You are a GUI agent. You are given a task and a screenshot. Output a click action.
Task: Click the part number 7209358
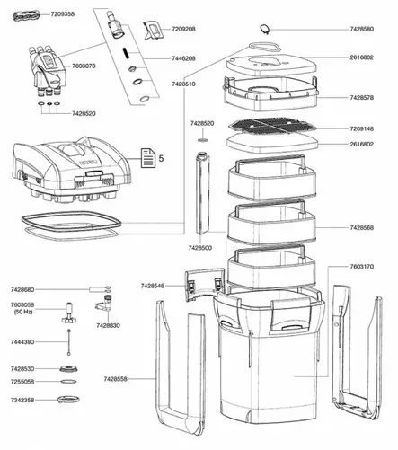point(63,14)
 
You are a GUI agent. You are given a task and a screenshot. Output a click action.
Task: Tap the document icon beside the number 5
point(148,158)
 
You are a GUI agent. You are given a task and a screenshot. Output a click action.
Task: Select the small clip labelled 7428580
point(265,29)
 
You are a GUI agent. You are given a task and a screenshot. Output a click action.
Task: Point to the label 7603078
point(84,66)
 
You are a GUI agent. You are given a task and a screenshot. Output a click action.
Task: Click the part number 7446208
point(183,58)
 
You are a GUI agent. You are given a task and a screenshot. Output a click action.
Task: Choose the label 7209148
point(362,128)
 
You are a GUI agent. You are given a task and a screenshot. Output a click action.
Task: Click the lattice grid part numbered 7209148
point(272,126)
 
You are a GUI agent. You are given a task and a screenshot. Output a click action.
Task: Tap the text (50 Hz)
point(23,312)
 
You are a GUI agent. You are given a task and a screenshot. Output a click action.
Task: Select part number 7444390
point(22,341)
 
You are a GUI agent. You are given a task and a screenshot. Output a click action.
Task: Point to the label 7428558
point(116,379)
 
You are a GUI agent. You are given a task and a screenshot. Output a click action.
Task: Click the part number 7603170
point(362,267)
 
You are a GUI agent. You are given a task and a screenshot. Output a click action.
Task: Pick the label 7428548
point(153,286)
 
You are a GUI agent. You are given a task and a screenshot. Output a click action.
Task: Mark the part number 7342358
point(22,400)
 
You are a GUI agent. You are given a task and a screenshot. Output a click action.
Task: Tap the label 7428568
point(362,228)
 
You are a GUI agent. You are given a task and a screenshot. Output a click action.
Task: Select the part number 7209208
point(183,29)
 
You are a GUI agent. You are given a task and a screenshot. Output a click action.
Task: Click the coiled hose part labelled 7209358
point(26,15)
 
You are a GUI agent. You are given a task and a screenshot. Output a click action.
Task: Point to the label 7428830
point(108,325)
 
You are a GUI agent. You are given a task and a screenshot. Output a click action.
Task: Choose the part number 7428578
point(362,98)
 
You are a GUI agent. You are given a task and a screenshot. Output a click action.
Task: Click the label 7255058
point(22,382)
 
